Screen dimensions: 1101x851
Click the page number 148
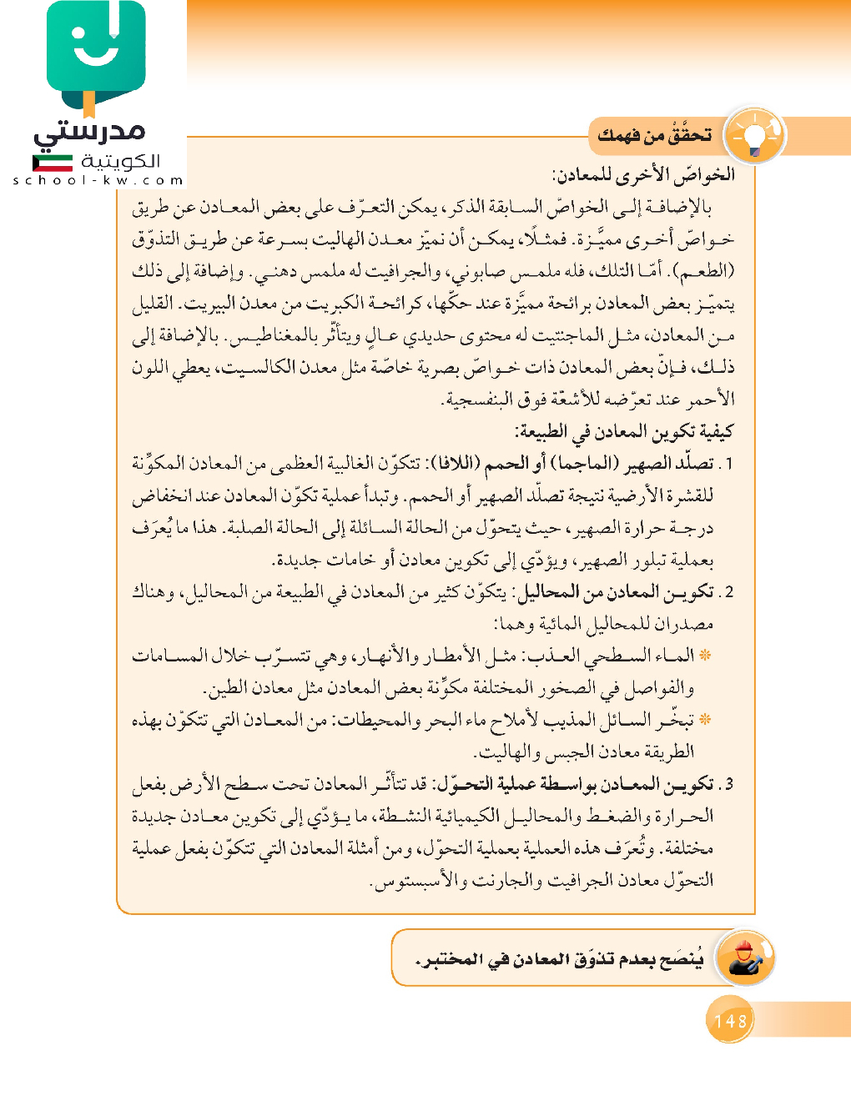(730, 1020)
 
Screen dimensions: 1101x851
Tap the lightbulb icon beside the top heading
(754, 135)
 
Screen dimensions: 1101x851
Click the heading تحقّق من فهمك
(655, 135)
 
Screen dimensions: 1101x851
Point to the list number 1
(728, 465)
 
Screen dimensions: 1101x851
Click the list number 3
(728, 785)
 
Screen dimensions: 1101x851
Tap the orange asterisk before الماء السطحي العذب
(706, 656)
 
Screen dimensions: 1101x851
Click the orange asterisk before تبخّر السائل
(706, 720)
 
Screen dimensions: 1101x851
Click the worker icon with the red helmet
(744, 958)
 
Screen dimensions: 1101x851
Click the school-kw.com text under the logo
(98, 180)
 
